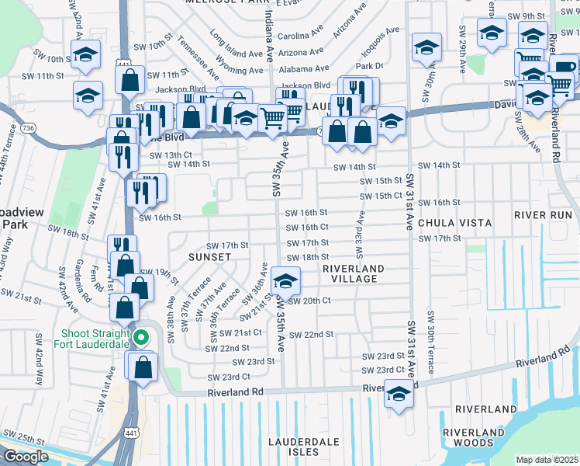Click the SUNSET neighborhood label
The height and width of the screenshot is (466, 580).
coord(209,256)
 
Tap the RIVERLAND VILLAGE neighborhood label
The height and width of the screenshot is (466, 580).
coord(354,273)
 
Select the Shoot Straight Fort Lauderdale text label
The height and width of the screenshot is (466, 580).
coord(91,341)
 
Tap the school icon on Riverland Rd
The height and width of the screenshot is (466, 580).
coord(399,394)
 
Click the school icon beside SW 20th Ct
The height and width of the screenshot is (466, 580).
coord(285,280)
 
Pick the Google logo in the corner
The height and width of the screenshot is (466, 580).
coord(26,457)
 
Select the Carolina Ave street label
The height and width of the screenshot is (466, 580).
coord(299,36)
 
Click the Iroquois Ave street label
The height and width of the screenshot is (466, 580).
coord(380,38)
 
